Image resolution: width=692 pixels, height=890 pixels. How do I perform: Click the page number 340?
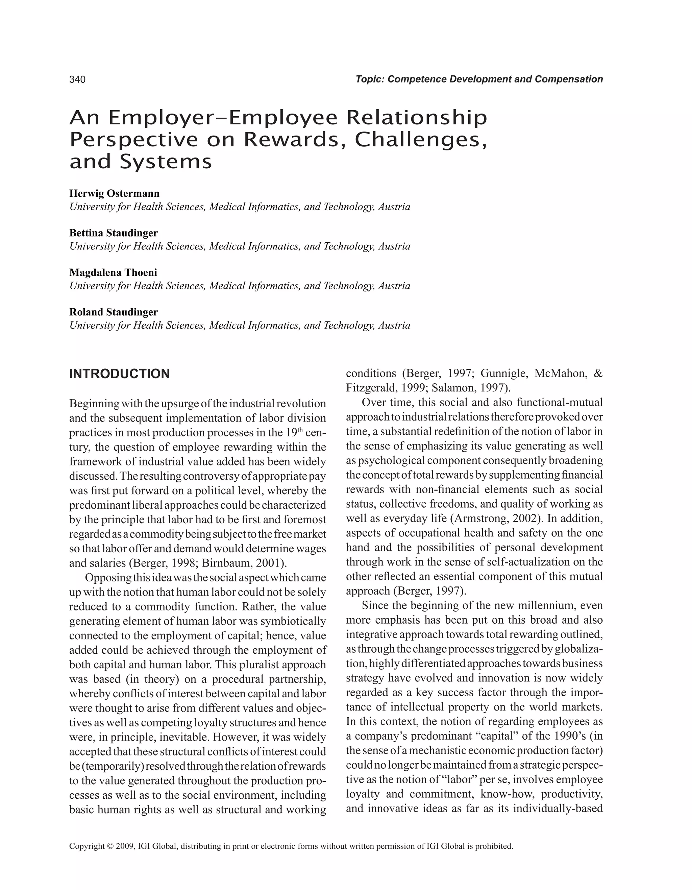pyautogui.click(x=77, y=79)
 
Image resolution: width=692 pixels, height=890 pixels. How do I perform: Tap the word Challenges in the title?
pyautogui.click(x=418, y=140)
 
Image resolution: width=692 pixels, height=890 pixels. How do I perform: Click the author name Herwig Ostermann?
pyautogui.click(x=115, y=193)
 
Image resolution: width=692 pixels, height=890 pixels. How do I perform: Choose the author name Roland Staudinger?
pyautogui.click(x=113, y=312)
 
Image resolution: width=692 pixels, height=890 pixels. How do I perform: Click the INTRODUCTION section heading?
pyautogui.click(x=119, y=374)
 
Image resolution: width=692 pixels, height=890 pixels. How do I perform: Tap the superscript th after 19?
pyautogui.click(x=300, y=430)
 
